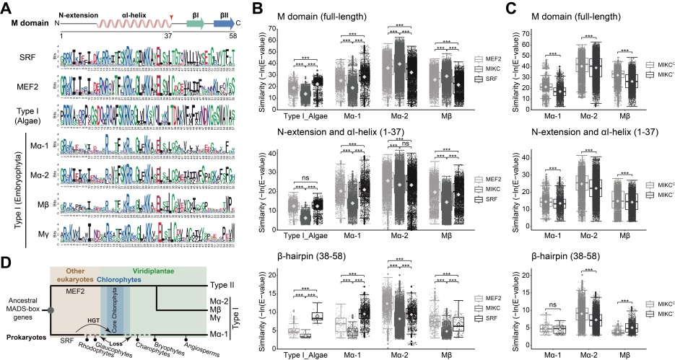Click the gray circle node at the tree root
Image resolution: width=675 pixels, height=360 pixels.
(50, 309)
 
